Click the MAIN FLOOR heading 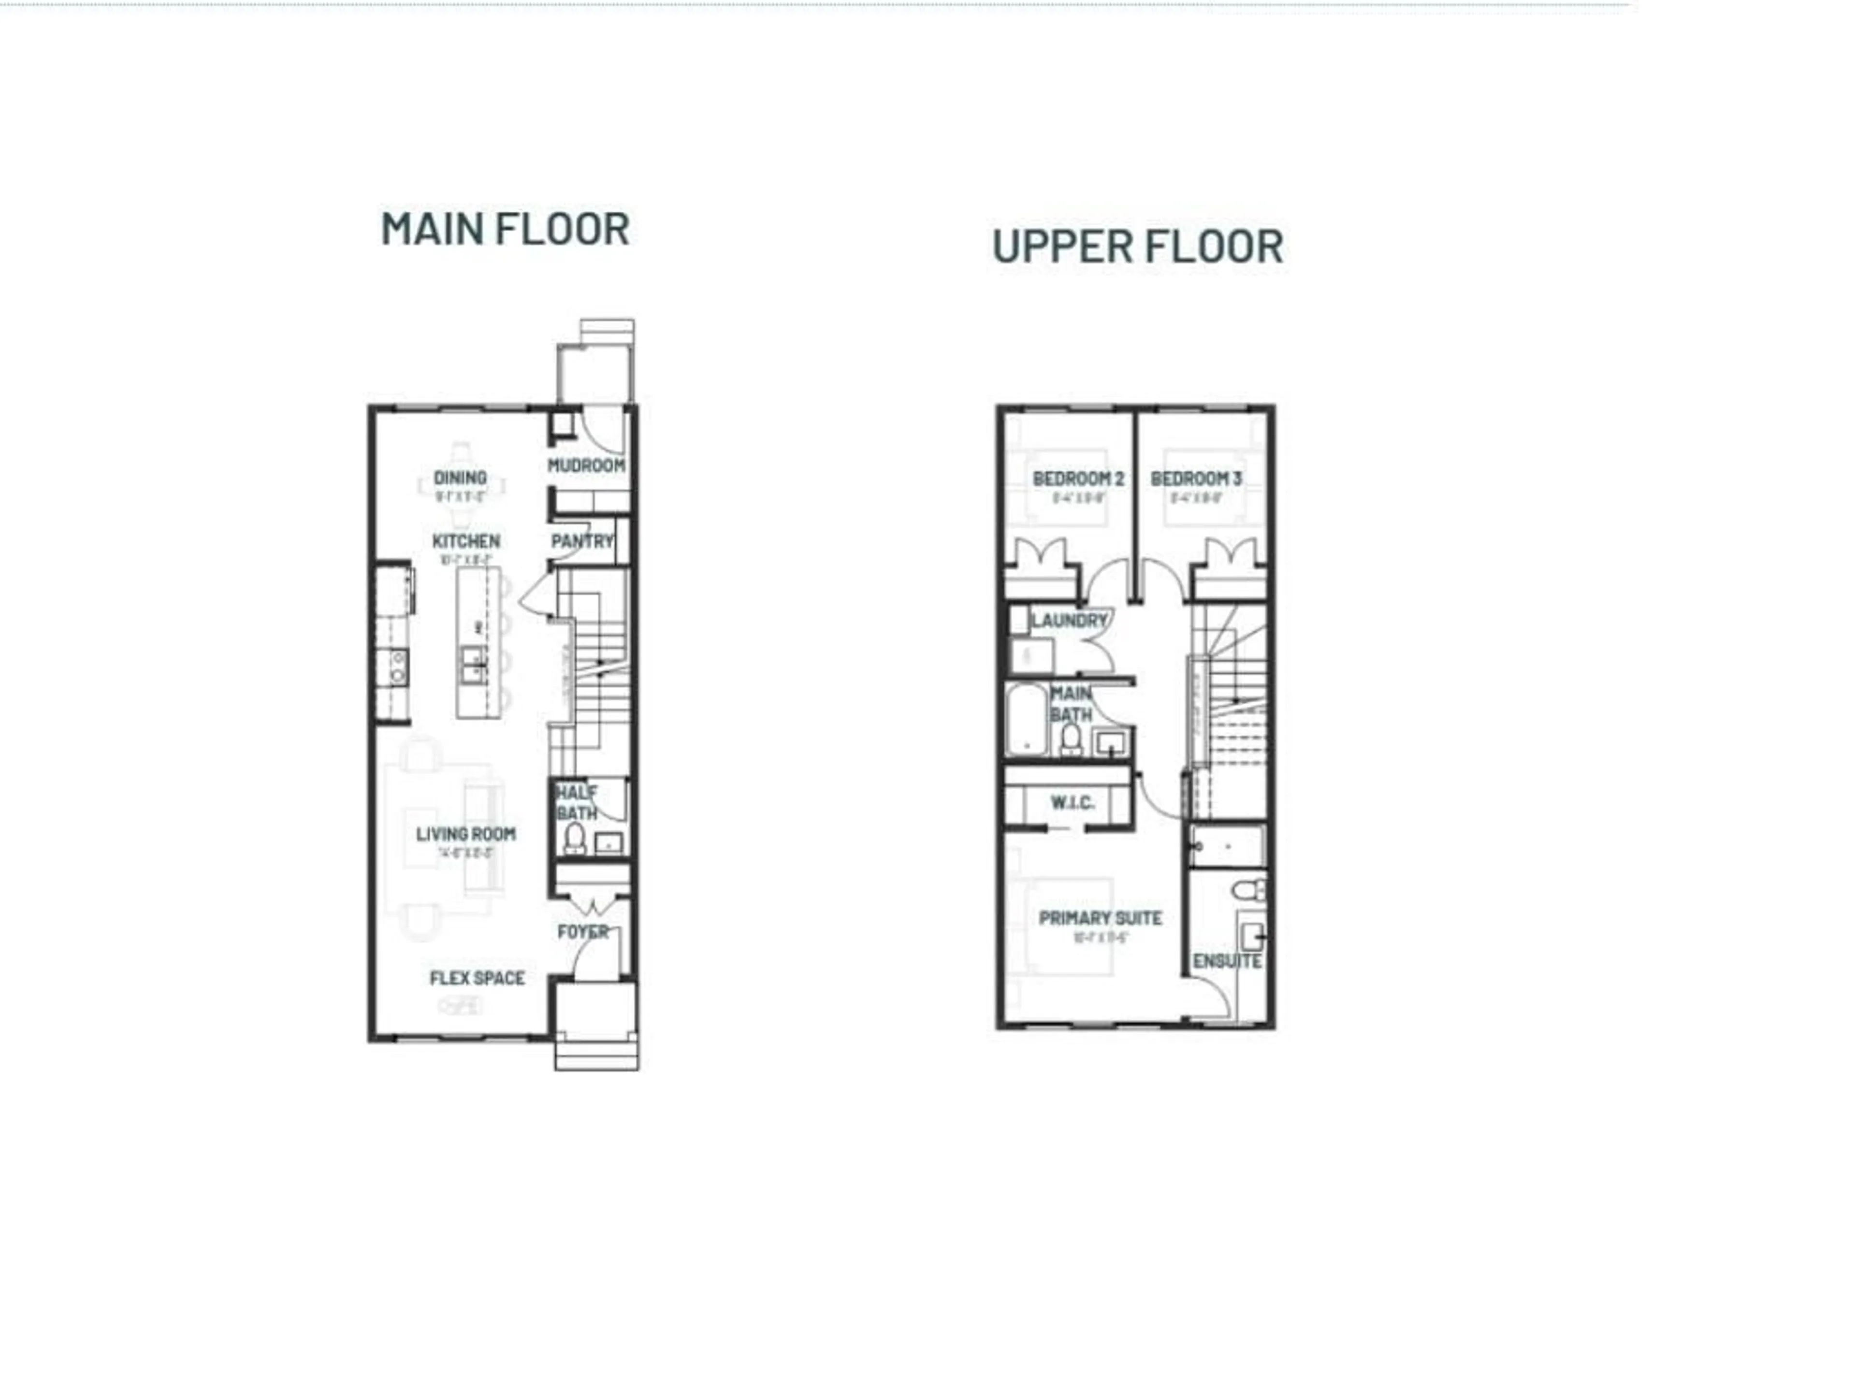coord(505,229)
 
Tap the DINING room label coord(460,478)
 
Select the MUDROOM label coord(586,465)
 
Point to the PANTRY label coord(582,541)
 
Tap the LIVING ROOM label coord(465,834)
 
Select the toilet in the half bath coord(575,838)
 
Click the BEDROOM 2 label coord(1078,479)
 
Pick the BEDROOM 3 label coord(1196,479)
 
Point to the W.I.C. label coord(1073,803)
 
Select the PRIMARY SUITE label coord(1100,918)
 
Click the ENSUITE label coord(1227,961)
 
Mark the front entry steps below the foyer coord(596,1054)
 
